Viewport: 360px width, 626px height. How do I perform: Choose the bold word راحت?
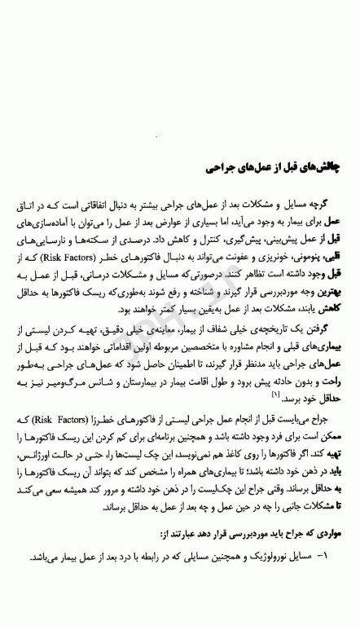(330, 404)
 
